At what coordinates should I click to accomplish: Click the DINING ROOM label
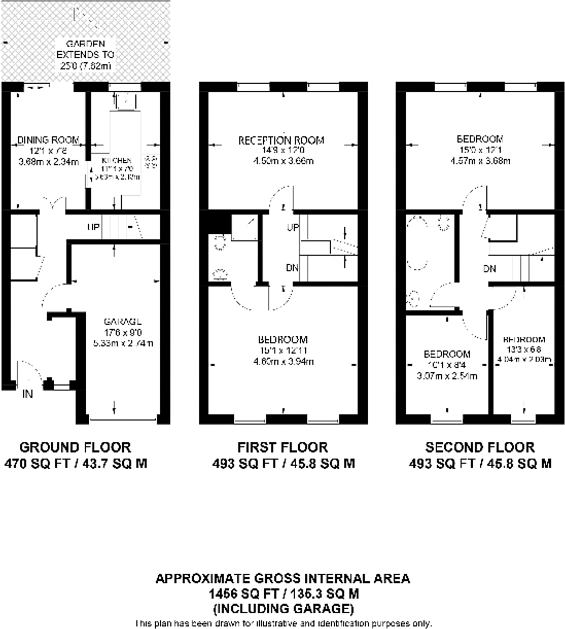(48, 140)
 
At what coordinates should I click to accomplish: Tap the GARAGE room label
(123, 322)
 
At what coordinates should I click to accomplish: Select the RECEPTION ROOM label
(281, 140)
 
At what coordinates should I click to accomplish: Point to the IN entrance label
(28, 394)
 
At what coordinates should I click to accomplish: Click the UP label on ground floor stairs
(93, 227)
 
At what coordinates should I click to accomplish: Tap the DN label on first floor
(292, 268)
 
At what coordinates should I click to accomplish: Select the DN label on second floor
(490, 269)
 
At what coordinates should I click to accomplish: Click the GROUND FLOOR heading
(75, 447)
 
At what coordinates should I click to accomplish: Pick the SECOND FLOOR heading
(480, 447)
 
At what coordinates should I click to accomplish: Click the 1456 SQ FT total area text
(284, 594)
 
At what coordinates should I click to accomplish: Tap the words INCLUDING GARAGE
(284, 608)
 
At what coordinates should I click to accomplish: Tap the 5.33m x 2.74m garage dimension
(123, 343)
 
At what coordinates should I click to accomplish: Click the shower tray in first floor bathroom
(244, 229)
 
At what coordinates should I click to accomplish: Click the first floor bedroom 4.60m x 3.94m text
(283, 361)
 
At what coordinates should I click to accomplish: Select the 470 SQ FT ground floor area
(75, 464)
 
